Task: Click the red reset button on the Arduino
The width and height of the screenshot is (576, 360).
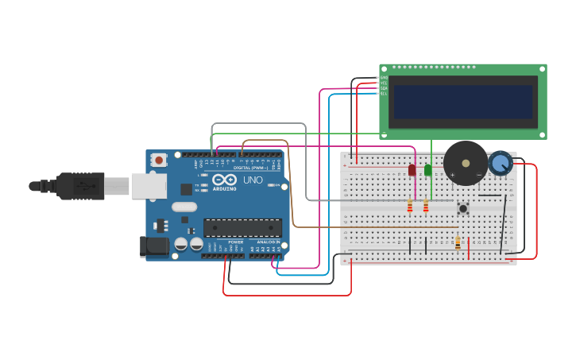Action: [159, 160]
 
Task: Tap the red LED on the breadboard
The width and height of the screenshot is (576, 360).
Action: [412, 170]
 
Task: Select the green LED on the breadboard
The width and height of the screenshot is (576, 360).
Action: [428, 170]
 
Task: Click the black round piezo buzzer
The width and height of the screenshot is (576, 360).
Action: [465, 163]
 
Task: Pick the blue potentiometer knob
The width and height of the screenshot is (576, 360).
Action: [500, 163]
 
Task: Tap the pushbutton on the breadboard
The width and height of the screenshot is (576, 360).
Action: [463, 208]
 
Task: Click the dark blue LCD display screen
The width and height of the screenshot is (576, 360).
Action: [462, 102]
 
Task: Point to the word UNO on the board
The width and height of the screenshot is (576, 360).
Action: [253, 180]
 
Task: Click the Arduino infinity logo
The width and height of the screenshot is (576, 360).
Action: [224, 180]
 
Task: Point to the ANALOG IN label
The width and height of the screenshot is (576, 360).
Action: [268, 242]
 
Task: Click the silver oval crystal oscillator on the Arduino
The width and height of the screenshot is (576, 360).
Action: [184, 207]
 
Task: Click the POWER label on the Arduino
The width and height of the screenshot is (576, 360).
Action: [236, 242]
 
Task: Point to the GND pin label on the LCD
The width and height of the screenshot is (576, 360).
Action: [384, 77]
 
